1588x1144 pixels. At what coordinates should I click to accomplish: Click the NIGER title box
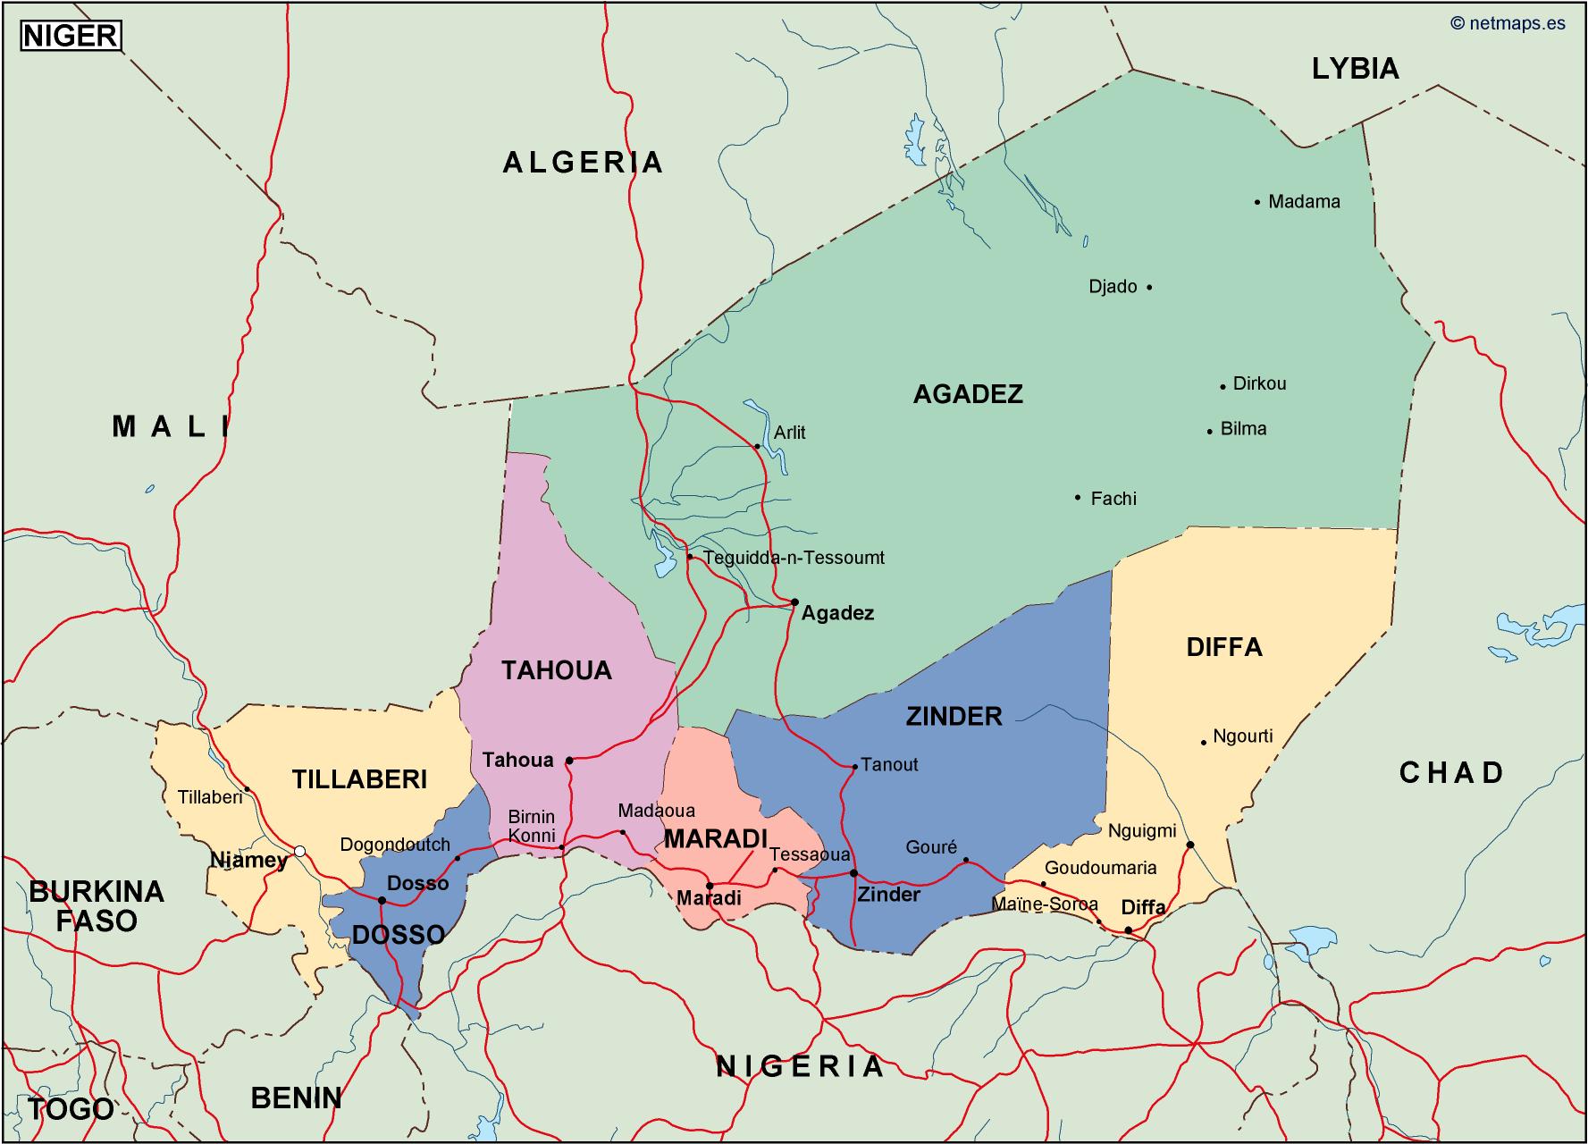coord(71,35)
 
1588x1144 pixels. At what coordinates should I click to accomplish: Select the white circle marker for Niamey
coord(300,851)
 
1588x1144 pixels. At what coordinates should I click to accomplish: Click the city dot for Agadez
coord(794,602)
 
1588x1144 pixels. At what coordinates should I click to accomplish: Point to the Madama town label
coord(1304,202)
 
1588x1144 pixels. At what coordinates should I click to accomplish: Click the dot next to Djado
coord(1149,287)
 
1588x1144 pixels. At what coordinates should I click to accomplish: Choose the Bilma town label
coord(1243,429)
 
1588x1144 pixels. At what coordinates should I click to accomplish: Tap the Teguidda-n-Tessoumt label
coord(794,559)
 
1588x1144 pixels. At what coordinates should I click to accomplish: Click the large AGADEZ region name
coord(968,394)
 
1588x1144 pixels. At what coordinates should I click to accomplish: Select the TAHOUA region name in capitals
coord(556,670)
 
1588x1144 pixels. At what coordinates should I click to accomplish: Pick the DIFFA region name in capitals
coord(1223,647)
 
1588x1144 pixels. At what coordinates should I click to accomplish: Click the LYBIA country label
coord(1355,69)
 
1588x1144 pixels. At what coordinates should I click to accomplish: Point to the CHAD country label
coord(1451,772)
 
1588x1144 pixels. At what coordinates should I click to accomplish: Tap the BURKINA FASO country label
coord(97,905)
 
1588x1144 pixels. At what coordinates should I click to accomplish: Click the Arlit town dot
coord(757,446)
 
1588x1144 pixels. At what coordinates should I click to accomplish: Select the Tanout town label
coord(889,765)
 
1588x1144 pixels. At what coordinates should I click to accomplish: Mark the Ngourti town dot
coord(1204,742)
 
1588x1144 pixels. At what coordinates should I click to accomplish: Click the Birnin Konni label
coord(532,826)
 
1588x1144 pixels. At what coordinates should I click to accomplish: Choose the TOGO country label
coord(71,1109)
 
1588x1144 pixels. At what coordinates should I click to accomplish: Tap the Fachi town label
coord(1113,499)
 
